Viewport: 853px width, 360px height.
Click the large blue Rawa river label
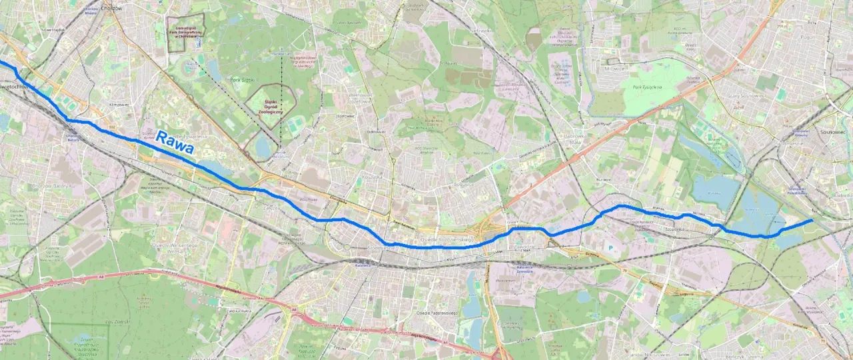[175, 143]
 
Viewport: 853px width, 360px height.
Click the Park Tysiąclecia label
[643, 87]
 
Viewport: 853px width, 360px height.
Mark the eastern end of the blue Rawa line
[811, 220]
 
